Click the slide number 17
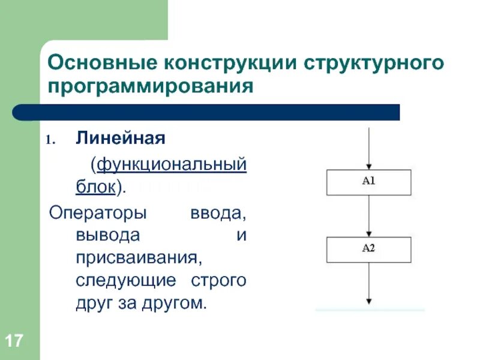tap(14, 342)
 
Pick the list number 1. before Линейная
tap(52, 140)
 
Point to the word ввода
tap(218, 212)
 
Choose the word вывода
tap(108, 235)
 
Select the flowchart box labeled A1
tap(368, 182)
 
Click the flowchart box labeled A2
tap(368, 250)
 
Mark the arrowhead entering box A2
tap(369, 233)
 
